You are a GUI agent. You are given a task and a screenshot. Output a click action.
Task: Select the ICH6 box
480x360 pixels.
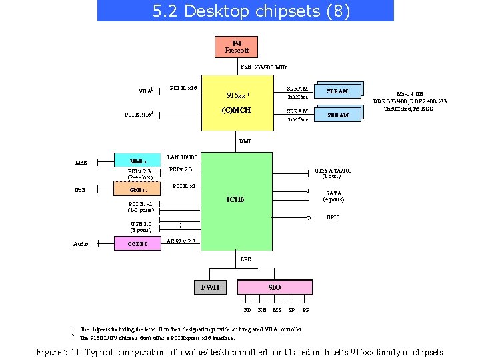[x=235, y=199]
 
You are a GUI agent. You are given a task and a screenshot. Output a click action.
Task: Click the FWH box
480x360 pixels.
[x=210, y=287]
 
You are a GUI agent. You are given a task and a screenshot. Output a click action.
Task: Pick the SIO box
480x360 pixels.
[x=274, y=287]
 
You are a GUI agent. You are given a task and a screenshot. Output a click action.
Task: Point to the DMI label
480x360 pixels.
[x=245, y=141]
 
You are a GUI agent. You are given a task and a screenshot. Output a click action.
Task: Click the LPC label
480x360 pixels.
[x=245, y=259]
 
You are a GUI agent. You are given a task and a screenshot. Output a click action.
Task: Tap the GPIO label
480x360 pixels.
[x=333, y=217]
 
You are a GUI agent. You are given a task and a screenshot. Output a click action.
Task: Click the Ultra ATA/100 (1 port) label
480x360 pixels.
[x=333, y=173]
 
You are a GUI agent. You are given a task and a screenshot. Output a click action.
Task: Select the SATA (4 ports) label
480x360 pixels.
[x=333, y=196]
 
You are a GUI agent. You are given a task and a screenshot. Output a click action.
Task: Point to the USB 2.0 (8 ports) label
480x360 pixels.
[x=141, y=227]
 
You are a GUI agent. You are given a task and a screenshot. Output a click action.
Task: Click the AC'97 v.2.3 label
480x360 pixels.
[x=181, y=241]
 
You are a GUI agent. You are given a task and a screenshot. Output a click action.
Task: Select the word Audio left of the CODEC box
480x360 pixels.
[x=81, y=244]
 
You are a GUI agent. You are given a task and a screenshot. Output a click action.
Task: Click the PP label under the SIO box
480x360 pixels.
[x=305, y=310]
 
